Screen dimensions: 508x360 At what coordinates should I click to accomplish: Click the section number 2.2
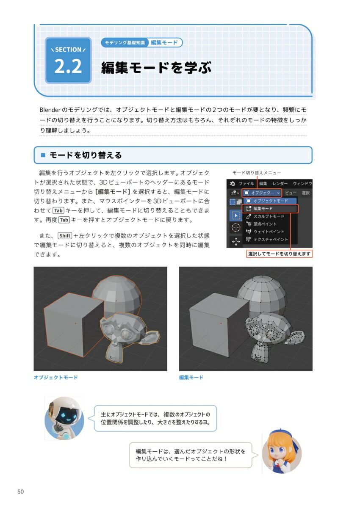tap(68, 67)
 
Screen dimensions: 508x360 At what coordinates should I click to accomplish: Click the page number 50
tap(20, 491)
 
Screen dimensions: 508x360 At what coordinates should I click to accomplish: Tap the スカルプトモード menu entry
tap(269, 216)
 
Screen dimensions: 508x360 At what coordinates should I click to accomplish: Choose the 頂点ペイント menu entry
tap(265, 224)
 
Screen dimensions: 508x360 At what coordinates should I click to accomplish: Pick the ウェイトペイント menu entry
tap(269, 232)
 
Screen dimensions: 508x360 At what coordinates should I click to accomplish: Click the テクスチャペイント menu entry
tap(270, 239)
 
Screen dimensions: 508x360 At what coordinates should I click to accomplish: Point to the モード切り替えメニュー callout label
tap(256, 173)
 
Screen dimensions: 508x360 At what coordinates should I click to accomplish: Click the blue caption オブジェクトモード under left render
tap(55, 377)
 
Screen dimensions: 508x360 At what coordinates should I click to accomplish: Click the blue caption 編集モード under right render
tap(191, 377)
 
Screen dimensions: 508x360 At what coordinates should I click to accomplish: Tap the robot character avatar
tap(64, 418)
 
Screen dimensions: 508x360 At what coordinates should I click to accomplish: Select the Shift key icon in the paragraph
tap(65, 236)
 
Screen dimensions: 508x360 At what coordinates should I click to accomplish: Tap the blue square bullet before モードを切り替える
tap(42, 155)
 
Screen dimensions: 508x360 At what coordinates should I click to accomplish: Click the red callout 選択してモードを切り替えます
tap(279, 254)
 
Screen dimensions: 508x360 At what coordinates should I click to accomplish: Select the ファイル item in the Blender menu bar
tap(246, 184)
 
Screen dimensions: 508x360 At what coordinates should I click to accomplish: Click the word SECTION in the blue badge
tap(68, 50)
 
